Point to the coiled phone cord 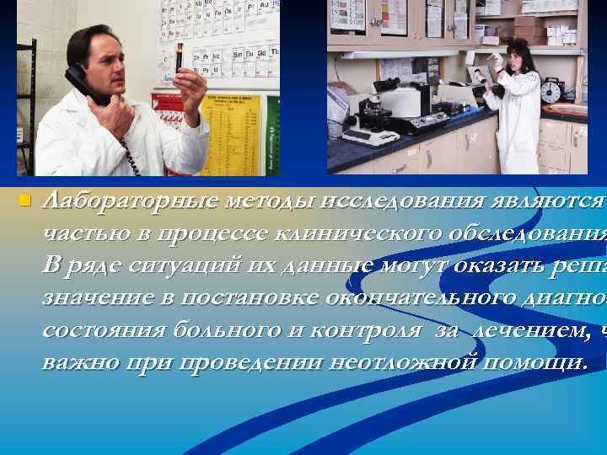click(126, 151)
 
